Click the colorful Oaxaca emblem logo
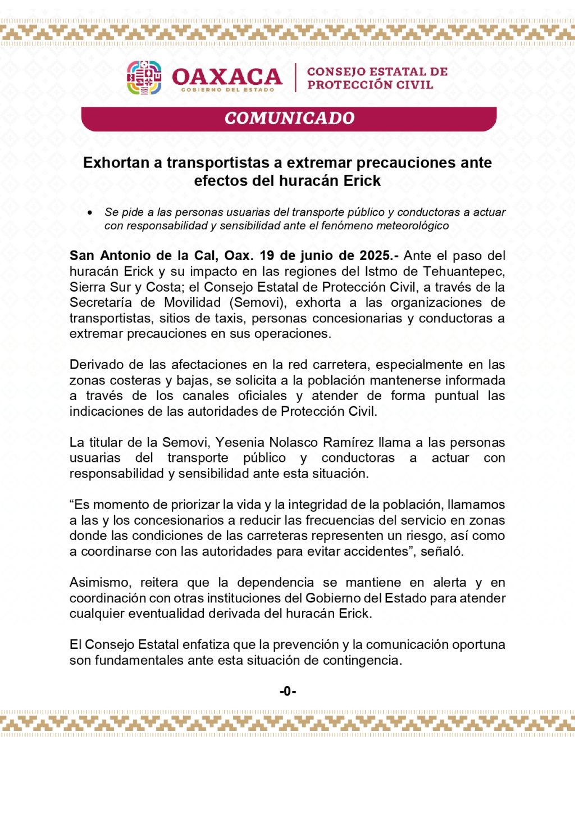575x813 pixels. click(x=144, y=78)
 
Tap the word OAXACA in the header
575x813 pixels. click(x=227, y=76)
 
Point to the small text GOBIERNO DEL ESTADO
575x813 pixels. click(x=227, y=90)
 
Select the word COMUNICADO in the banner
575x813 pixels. click(x=289, y=118)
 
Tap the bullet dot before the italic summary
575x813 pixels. click(x=90, y=212)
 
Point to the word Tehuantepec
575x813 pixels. click(x=464, y=271)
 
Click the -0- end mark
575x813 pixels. click(x=287, y=691)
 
